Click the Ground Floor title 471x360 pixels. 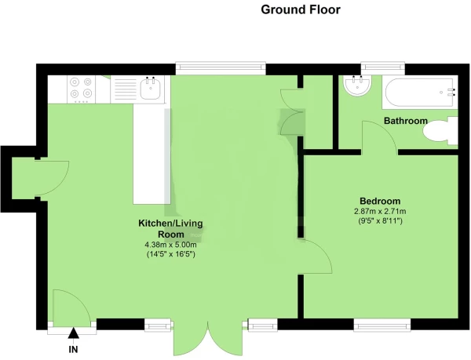pos(301,10)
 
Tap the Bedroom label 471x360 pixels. pos(380,201)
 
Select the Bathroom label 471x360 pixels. pos(406,121)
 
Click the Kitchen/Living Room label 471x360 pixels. pos(170,228)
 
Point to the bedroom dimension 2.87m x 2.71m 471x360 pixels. pos(380,211)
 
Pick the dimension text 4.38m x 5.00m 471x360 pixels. pos(170,245)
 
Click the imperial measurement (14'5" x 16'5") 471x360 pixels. pos(170,254)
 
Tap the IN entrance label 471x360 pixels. pos(73,349)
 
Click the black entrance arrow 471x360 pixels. pos(73,333)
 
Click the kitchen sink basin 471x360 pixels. pos(150,89)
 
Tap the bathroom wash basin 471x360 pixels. pos(357,85)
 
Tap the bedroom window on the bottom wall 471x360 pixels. pos(382,325)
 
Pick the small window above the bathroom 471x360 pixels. pos(383,68)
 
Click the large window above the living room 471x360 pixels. pos(221,68)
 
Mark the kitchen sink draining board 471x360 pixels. pos(125,89)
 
